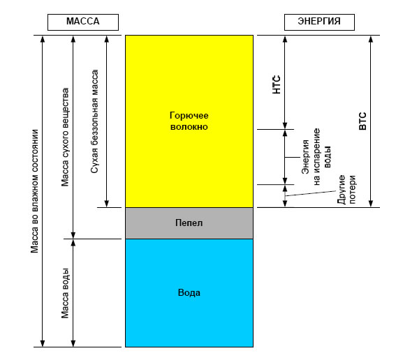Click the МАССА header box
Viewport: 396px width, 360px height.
(x=83, y=22)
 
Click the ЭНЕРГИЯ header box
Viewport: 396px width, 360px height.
(x=319, y=22)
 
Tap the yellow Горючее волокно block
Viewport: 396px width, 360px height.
(x=189, y=121)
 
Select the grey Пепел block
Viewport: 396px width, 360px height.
(x=189, y=223)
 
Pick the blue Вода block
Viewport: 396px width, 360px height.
(x=189, y=293)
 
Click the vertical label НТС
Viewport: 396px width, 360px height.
(x=277, y=84)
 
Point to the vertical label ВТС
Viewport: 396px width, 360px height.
(x=362, y=121)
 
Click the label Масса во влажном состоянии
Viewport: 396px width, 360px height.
(x=34, y=191)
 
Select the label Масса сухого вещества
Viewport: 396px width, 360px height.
(x=65, y=137)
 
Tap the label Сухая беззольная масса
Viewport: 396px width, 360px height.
(x=94, y=121)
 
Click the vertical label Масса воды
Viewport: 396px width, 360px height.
(x=65, y=293)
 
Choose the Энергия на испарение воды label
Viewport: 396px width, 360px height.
(x=316, y=157)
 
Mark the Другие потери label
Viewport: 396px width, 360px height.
(x=346, y=189)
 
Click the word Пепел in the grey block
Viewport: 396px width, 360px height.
(x=189, y=223)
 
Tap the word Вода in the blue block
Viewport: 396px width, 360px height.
(x=189, y=292)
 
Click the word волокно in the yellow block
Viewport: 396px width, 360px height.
(x=189, y=126)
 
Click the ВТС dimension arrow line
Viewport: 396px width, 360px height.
(x=371, y=121)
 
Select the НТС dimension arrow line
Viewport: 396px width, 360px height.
(x=285, y=82)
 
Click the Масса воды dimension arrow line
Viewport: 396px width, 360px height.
(x=73, y=293)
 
